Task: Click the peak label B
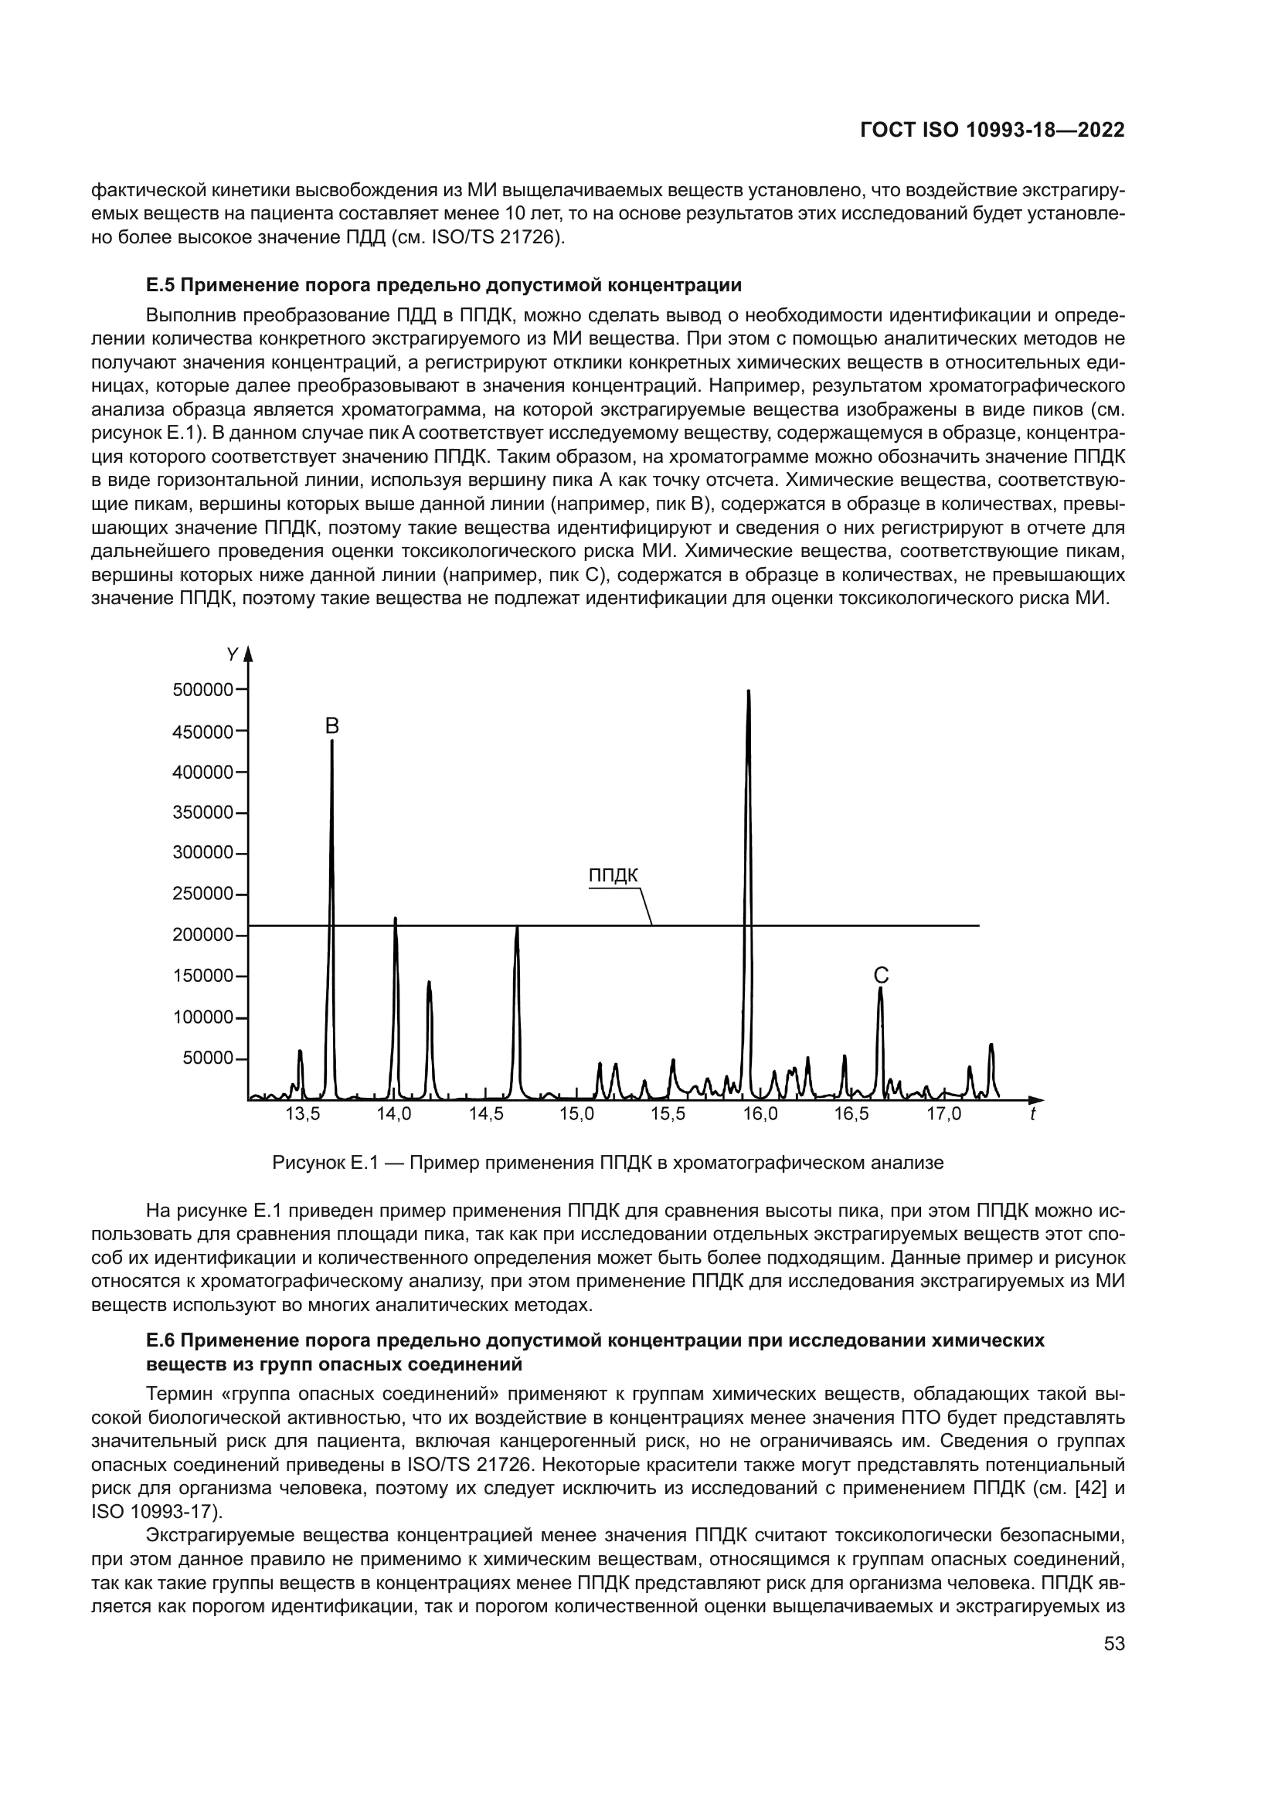[332, 725]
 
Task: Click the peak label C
[882, 976]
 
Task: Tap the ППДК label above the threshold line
[613, 876]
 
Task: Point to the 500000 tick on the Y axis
[202, 690]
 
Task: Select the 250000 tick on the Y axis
[202, 895]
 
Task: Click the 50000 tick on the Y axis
[208, 1058]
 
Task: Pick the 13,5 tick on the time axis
[302, 1114]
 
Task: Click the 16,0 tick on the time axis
[760, 1114]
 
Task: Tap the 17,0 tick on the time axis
[943, 1114]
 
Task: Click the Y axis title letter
[232, 655]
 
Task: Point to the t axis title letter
[1032, 1115]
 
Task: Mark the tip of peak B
[332, 742]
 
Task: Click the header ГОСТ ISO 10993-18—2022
[992, 131]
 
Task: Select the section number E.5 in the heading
[161, 284]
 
